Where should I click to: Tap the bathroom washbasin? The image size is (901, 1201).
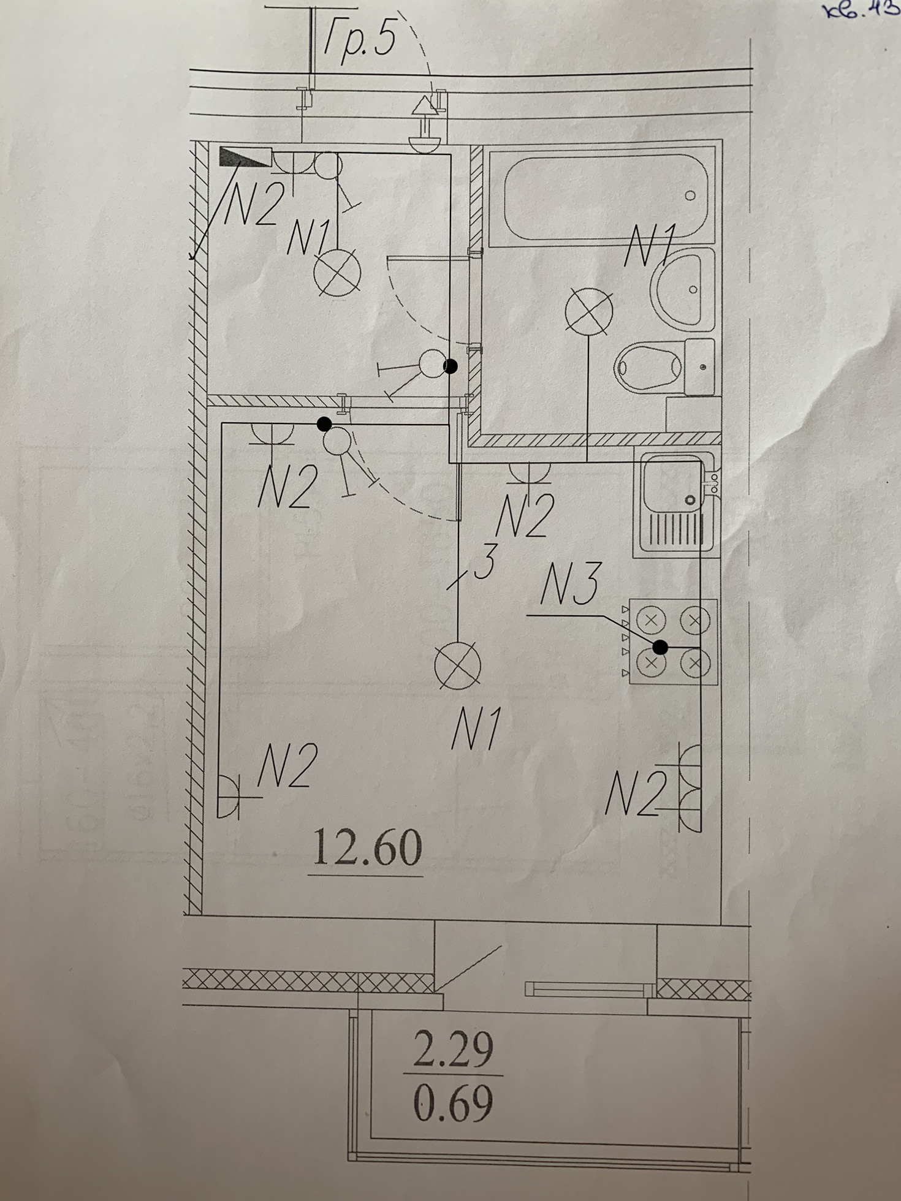(682, 287)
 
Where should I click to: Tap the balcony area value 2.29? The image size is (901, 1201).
(454, 1049)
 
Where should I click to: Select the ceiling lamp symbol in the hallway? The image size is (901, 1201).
(337, 273)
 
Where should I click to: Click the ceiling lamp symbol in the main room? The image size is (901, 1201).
(457, 665)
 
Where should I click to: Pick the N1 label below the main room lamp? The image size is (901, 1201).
(476, 729)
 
